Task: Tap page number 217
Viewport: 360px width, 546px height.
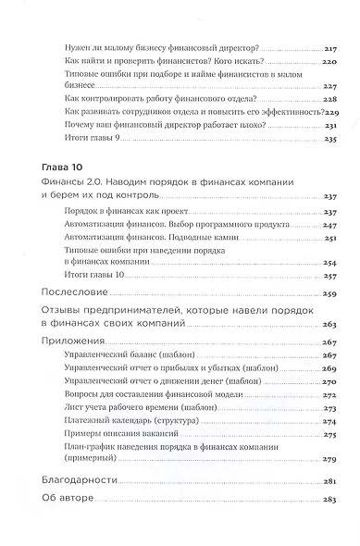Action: (330, 45)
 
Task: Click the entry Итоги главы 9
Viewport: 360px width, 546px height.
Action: (93, 138)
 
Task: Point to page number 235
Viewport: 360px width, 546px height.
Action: (330, 139)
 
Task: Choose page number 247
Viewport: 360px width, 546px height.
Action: (330, 225)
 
